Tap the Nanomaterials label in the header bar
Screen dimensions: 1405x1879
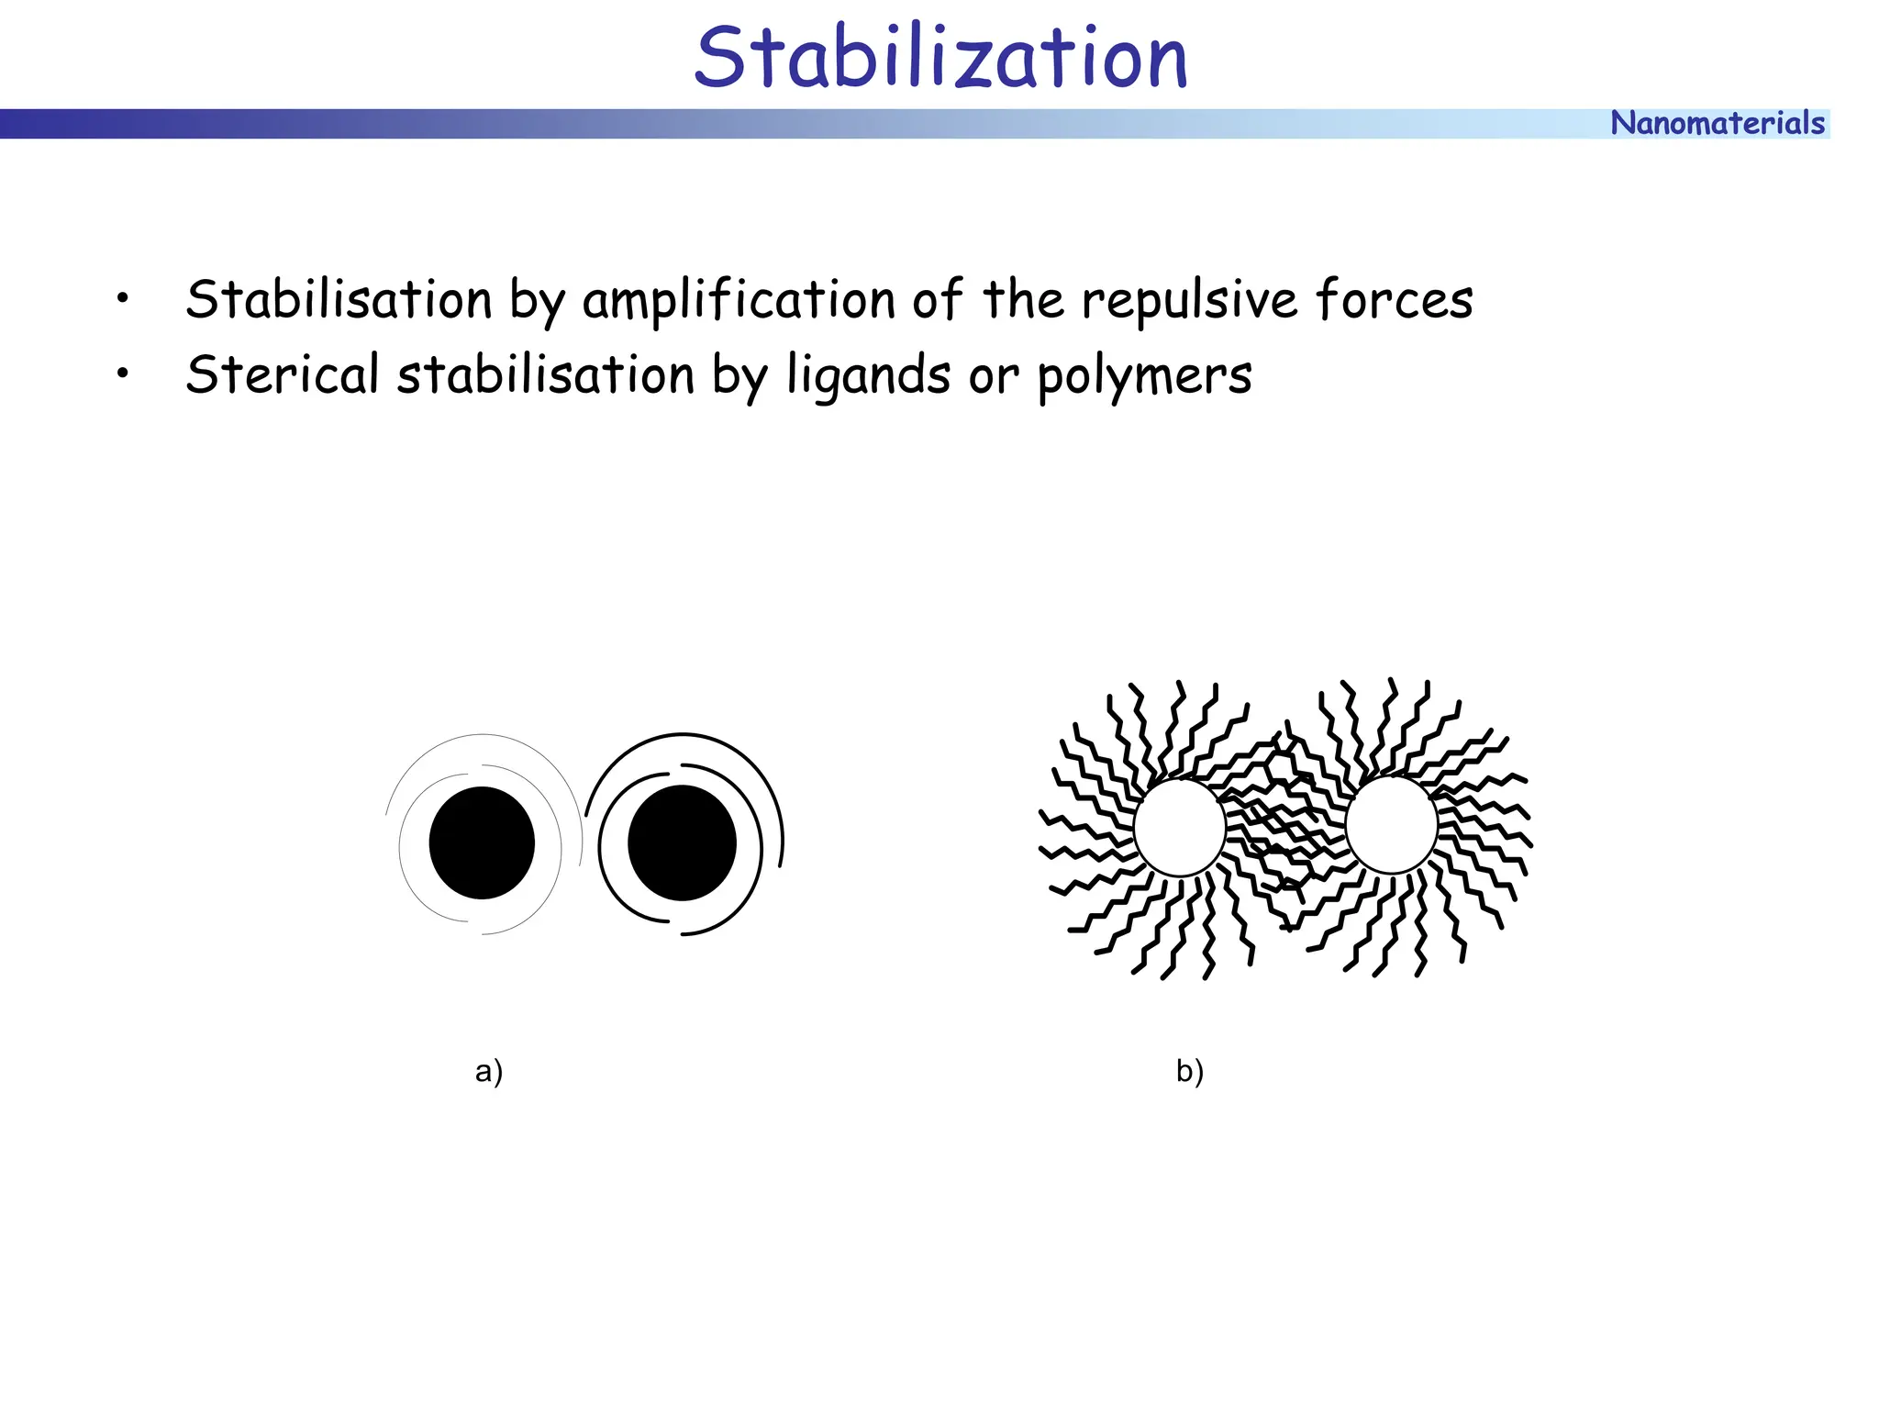(x=1717, y=123)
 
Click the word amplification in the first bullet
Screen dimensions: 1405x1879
(x=739, y=300)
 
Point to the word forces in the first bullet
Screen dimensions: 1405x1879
(x=1394, y=300)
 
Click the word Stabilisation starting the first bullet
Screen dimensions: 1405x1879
(x=339, y=300)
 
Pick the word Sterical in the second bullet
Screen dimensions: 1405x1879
(x=283, y=374)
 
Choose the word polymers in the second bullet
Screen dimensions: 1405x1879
(x=1144, y=376)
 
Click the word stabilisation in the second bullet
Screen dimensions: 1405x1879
(x=546, y=374)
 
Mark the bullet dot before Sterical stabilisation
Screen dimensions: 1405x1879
(x=122, y=374)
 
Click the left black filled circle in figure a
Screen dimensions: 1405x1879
(x=482, y=842)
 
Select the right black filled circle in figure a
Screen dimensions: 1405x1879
(x=682, y=842)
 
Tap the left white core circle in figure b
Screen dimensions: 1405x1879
(x=1180, y=826)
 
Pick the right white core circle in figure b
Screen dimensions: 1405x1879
(x=1391, y=824)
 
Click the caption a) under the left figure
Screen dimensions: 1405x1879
(x=489, y=1071)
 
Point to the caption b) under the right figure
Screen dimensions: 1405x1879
(x=1190, y=1071)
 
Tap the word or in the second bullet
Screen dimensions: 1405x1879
(x=994, y=376)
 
